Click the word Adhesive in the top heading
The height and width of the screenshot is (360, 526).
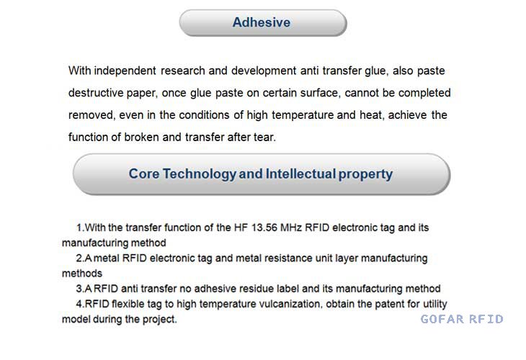(x=262, y=22)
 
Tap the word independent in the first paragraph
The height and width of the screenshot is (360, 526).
(x=125, y=71)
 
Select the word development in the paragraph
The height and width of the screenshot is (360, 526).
(x=264, y=71)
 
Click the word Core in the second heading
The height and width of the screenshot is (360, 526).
(x=144, y=174)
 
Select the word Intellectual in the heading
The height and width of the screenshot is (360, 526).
(x=300, y=174)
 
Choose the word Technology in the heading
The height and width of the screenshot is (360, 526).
(x=200, y=174)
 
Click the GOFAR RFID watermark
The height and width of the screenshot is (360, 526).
(x=462, y=319)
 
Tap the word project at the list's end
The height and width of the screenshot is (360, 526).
(x=160, y=320)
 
